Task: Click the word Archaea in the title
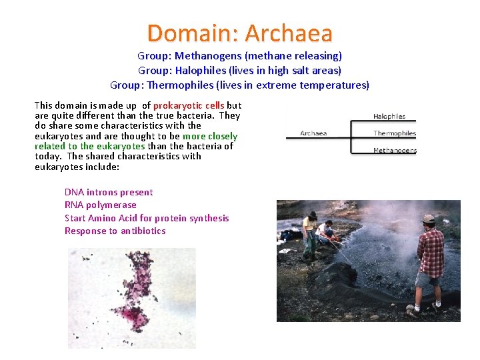(x=289, y=33)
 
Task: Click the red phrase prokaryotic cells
(x=189, y=105)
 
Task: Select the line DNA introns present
(x=109, y=192)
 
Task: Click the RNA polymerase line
(x=100, y=205)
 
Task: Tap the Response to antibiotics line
(x=115, y=231)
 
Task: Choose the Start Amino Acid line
(x=147, y=218)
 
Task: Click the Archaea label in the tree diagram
(x=313, y=133)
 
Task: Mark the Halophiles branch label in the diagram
(x=389, y=116)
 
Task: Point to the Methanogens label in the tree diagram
(x=395, y=150)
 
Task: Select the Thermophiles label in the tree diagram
(x=395, y=133)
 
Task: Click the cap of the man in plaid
(x=429, y=219)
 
